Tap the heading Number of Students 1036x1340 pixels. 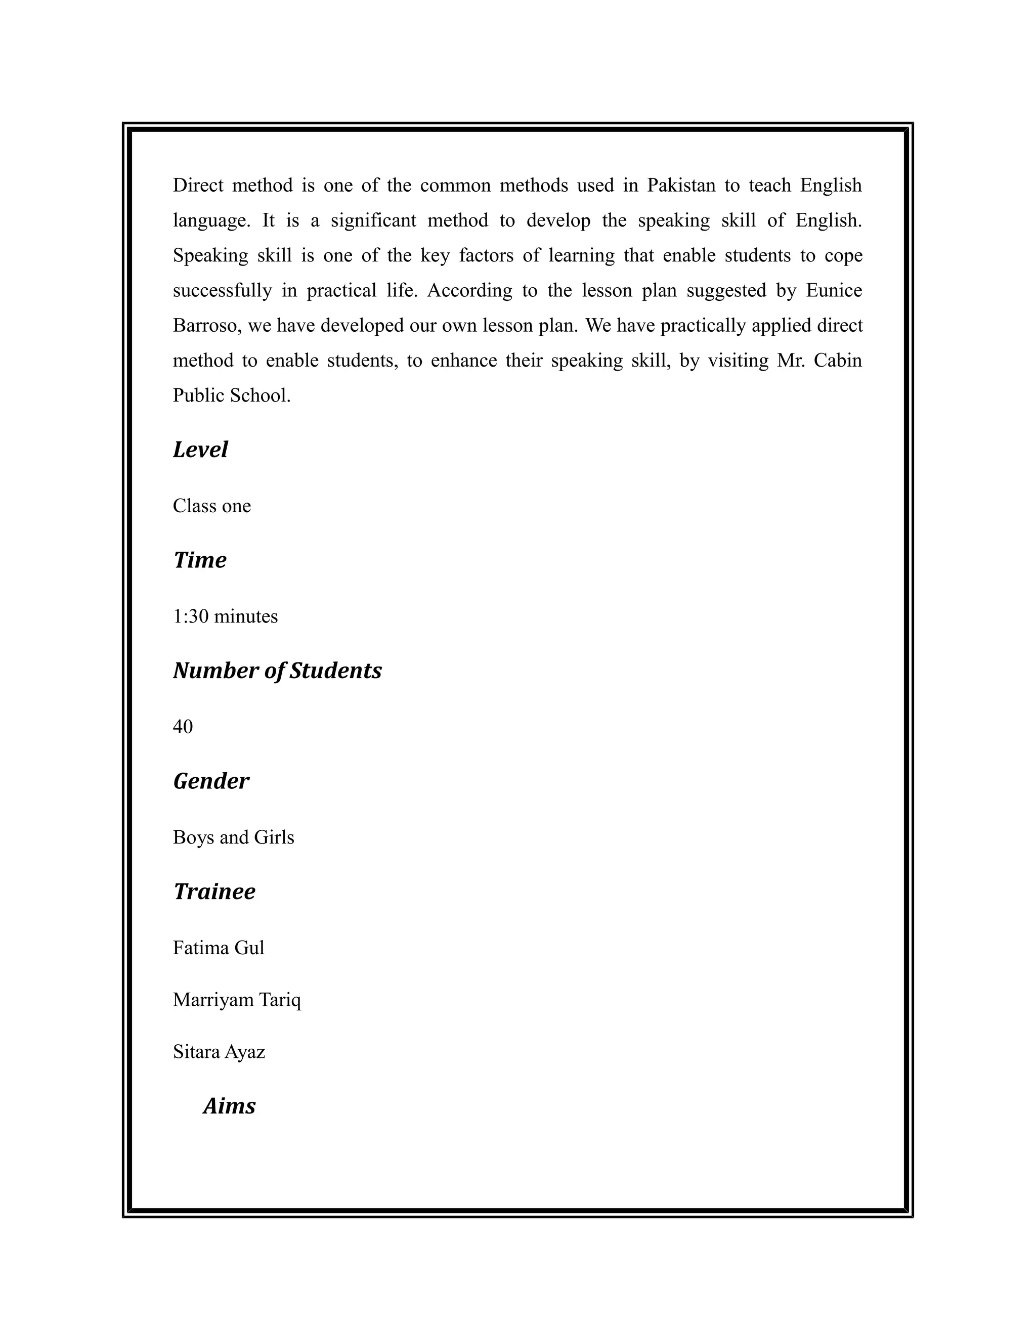(x=277, y=671)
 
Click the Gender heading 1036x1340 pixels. (x=211, y=781)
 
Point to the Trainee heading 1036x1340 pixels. (x=214, y=891)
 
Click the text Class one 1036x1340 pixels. (x=212, y=506)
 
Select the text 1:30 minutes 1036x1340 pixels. (x=225, y=616)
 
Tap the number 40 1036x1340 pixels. (x=183, y=727)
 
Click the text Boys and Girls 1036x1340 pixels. (x=233, y=837)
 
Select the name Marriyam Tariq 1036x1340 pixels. (x=237, y=1000)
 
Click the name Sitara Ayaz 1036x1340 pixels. (x=219, y=1052)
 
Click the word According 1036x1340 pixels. (x=469, y=290)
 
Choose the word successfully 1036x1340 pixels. (x=222, y=290)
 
